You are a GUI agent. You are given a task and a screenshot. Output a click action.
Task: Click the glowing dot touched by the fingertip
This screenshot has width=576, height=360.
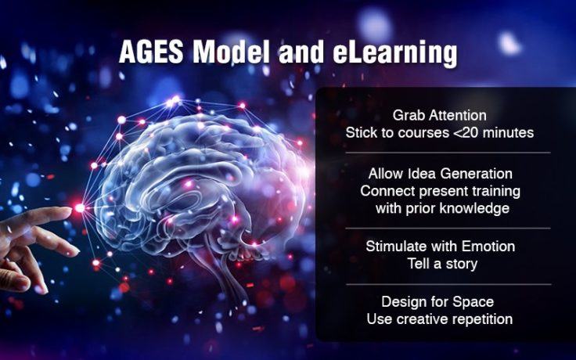[x=79, y=207]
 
